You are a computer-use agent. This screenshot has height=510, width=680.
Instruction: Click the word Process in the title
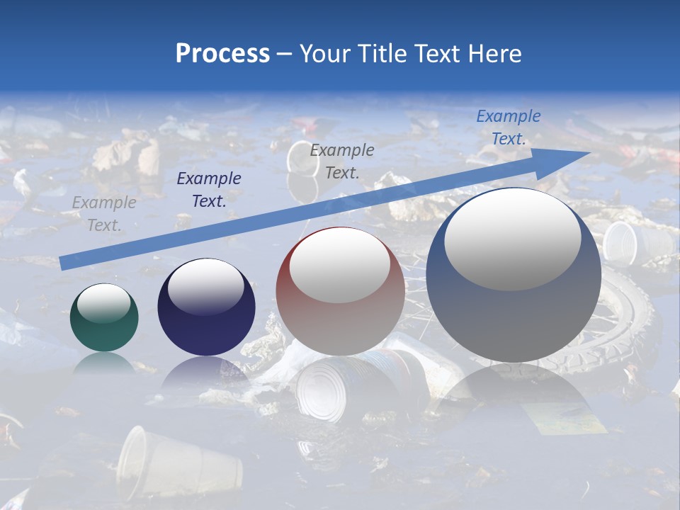click(x=222, y=53)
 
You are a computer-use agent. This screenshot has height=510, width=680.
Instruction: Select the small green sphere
click(x=104, y=318)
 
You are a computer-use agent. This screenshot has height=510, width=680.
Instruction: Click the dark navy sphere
click(x=206, y=307)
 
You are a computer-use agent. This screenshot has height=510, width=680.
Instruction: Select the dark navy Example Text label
click(x=209, y=190)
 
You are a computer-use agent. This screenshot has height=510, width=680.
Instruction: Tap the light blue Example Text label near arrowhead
click(x=508, y=127)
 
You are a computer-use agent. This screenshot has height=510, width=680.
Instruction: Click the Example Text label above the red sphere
click(x=342, y=161)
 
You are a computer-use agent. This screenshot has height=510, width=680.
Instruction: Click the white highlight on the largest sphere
click(x=512, y=239)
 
